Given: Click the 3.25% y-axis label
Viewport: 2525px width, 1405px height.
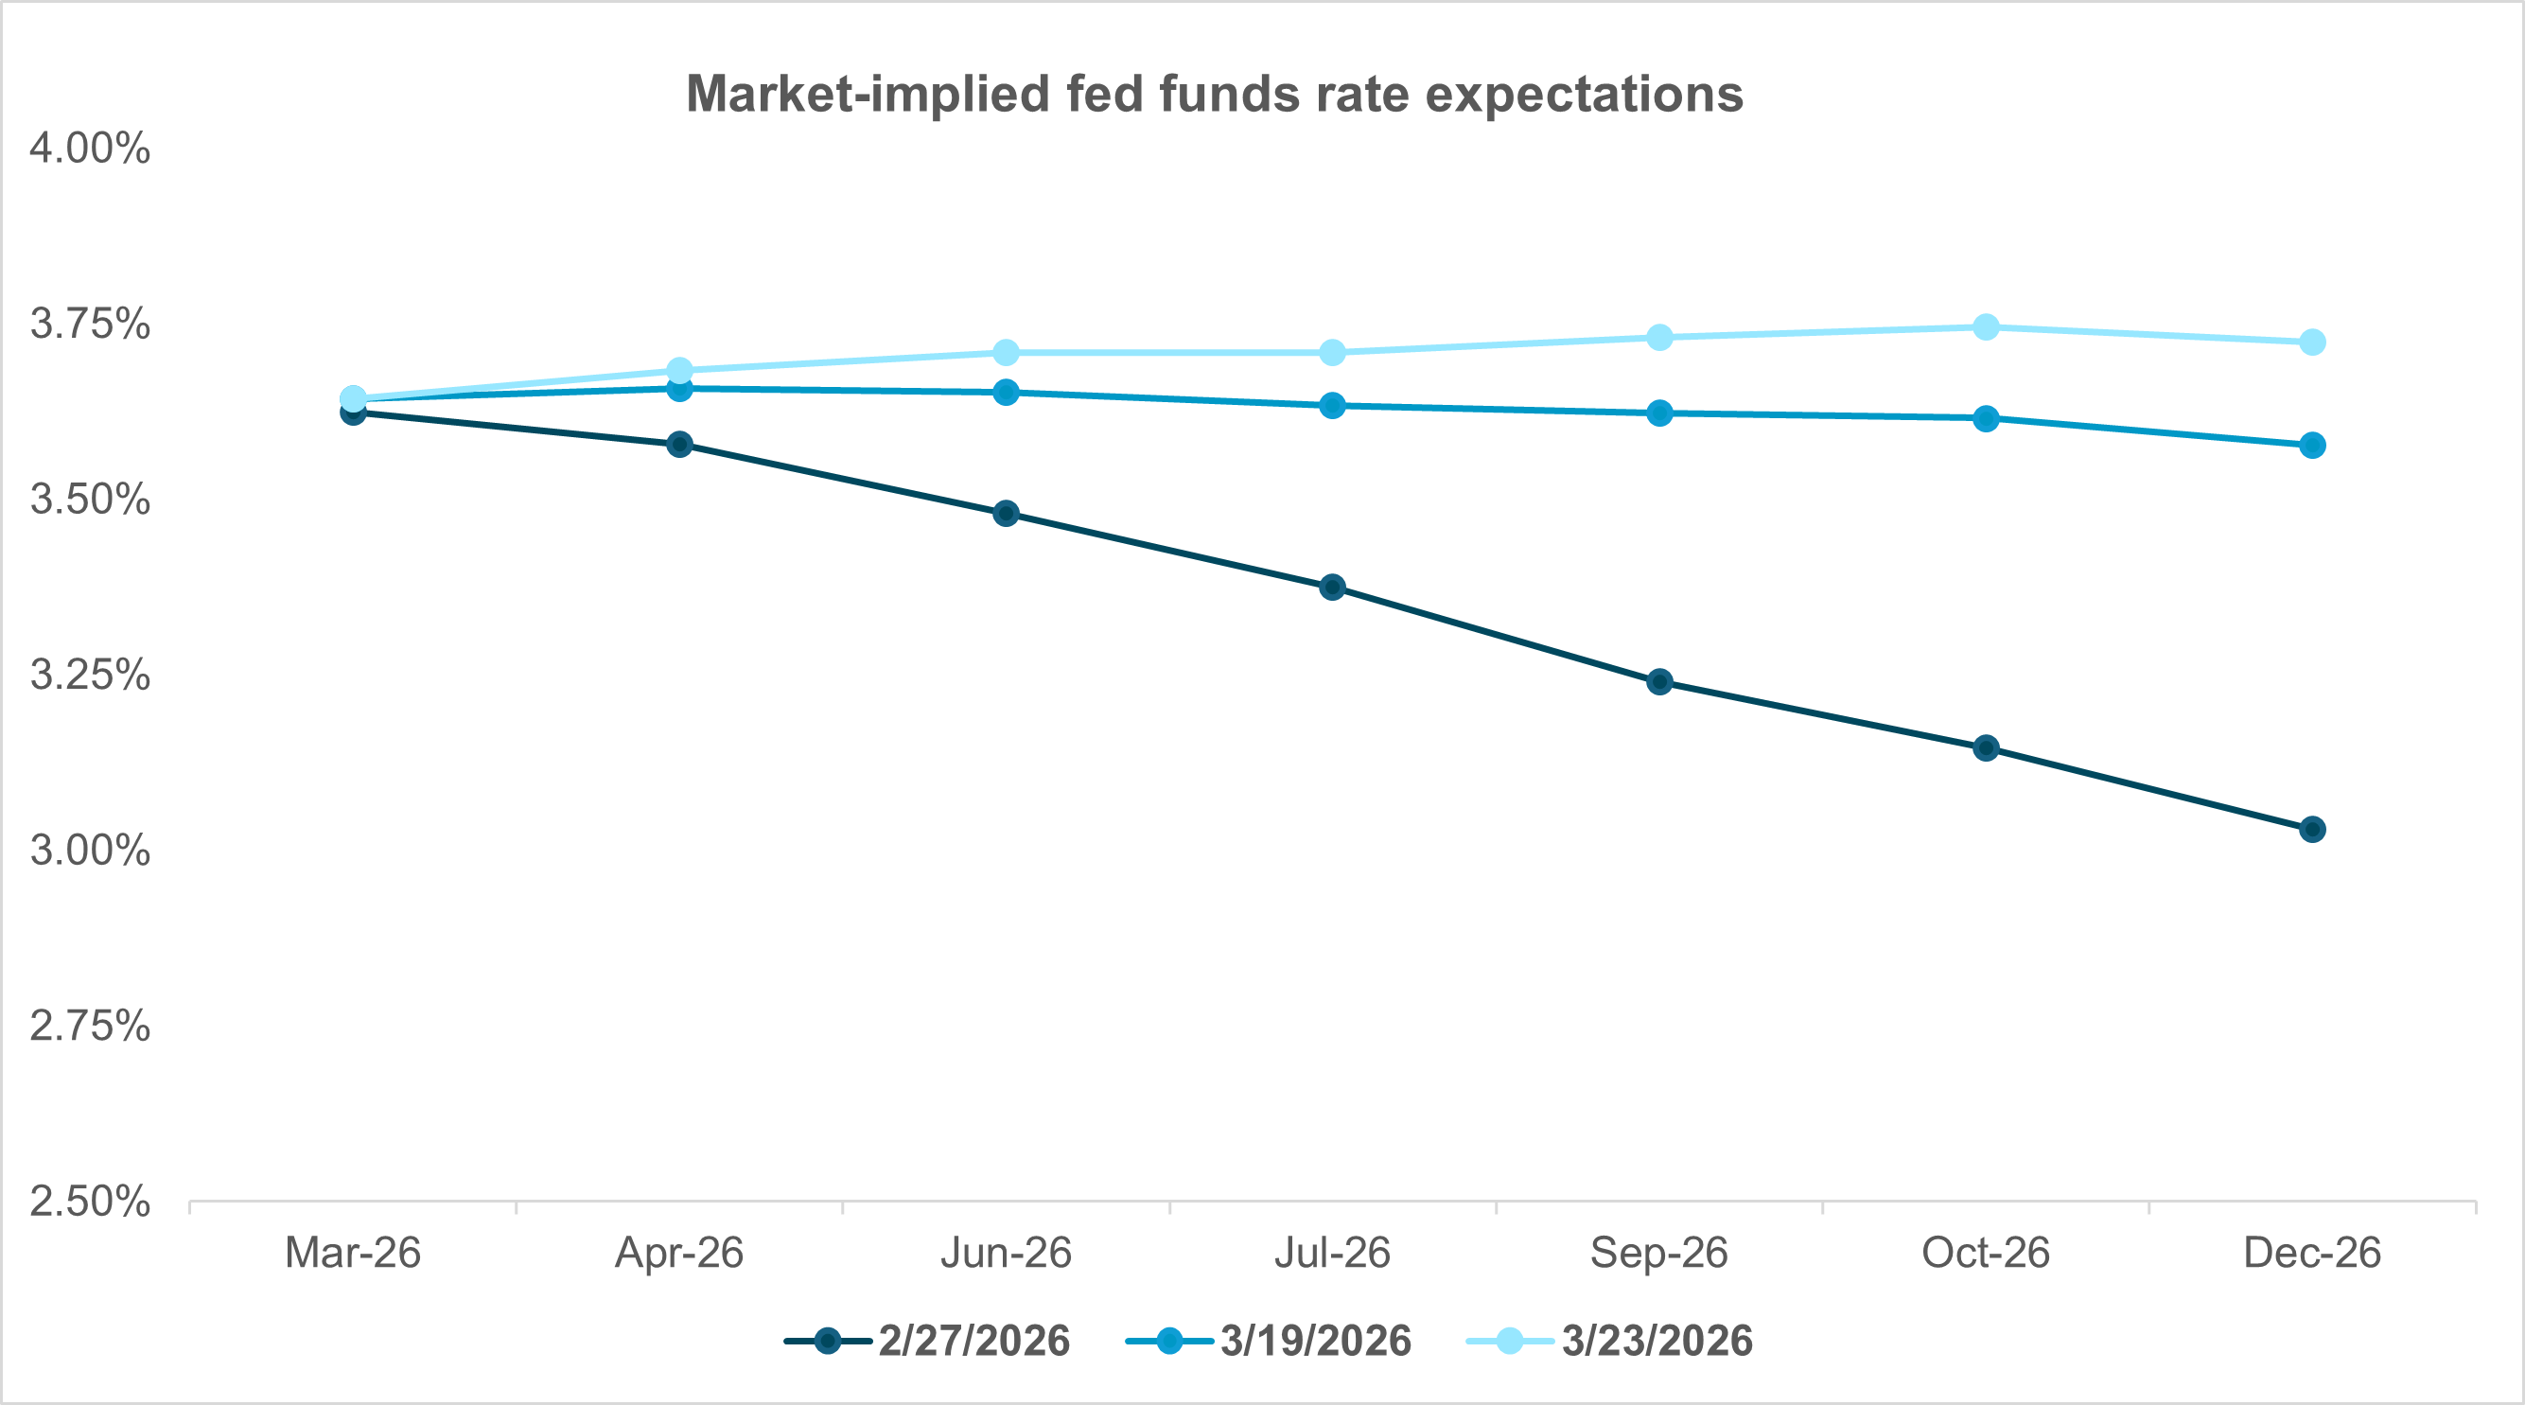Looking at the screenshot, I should coord(90,675).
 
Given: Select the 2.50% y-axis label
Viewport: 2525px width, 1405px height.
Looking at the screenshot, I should coord(90,1201).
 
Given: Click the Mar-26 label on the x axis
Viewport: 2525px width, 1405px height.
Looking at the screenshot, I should coord(353,1253).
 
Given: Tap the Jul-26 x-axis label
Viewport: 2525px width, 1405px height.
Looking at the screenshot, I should coord(1332,1253).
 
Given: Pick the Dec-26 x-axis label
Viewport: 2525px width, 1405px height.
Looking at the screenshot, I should coord(2311,1253).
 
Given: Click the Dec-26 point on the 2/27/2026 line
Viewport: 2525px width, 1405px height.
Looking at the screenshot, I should coord(2312,830).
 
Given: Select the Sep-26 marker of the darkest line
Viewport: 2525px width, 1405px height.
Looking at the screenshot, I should coord(1659,681).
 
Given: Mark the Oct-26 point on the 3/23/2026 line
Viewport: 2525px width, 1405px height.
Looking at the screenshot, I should coord(1986,326).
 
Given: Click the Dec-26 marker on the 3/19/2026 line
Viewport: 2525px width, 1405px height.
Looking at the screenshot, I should coord(2312,445).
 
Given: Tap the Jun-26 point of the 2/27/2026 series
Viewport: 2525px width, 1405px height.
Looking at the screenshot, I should coord(1006,513).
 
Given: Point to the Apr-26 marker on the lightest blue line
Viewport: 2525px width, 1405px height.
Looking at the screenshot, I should coord(679,371).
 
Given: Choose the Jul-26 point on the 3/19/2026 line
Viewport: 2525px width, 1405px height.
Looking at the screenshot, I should coord(1332,405).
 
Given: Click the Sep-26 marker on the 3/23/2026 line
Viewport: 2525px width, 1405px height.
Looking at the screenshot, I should coord(1659,337).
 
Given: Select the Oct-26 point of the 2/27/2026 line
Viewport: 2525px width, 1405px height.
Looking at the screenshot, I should coord(1986,748).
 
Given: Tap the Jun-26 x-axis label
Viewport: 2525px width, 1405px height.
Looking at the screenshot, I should coord(1006,1253).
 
